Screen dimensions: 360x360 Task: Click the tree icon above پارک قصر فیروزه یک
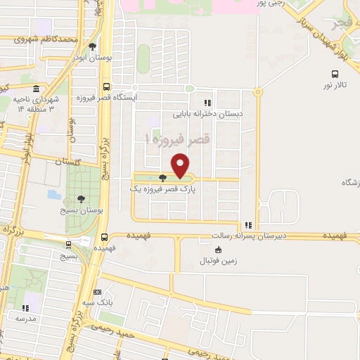[163, 178]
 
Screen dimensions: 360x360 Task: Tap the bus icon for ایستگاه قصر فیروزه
[106, 87]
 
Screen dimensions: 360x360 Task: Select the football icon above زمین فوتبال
[217, 250]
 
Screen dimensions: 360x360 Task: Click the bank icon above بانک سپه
[97, 292]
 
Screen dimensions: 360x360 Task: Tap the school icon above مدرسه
[27, 307]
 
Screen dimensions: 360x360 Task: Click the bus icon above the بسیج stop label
[68, 245]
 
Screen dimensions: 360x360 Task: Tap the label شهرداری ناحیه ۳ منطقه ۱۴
[35, 104]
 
